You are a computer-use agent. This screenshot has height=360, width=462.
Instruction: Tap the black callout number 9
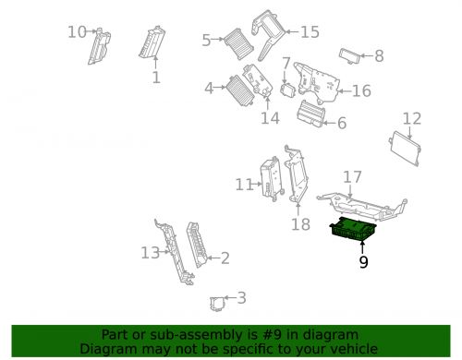coord(363,262)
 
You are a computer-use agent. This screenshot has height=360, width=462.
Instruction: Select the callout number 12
coord(411,118)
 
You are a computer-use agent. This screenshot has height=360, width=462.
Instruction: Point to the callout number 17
coord(352,176)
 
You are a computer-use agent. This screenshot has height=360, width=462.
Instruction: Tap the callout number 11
coord(243,185)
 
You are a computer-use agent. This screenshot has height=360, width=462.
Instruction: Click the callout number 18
coord(300,224)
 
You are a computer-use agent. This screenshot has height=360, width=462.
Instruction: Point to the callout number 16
coord(361,90)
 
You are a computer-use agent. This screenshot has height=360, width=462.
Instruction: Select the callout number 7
coord(286,64)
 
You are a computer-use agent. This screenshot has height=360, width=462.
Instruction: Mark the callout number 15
coord(310,32)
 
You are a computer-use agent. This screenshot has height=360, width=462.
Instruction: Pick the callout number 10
coord(76,32)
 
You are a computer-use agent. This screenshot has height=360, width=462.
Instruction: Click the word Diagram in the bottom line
coord(109,349)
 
